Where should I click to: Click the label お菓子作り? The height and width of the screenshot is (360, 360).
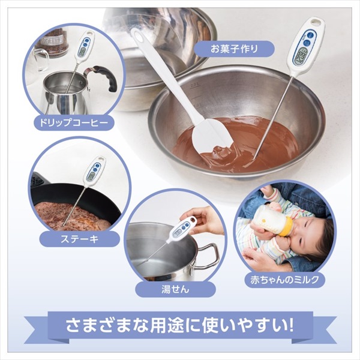(234, 49)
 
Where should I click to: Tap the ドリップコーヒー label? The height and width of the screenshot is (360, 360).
(74, 122)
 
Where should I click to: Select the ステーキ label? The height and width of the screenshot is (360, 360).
(80, 239)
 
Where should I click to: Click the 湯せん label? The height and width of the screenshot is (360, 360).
(175, 289)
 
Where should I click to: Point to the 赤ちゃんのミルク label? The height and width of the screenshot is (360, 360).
(284, 280)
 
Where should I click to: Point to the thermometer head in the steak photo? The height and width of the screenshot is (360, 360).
(95, 171)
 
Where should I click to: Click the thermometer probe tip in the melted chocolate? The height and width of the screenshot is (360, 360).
(254, 158)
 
